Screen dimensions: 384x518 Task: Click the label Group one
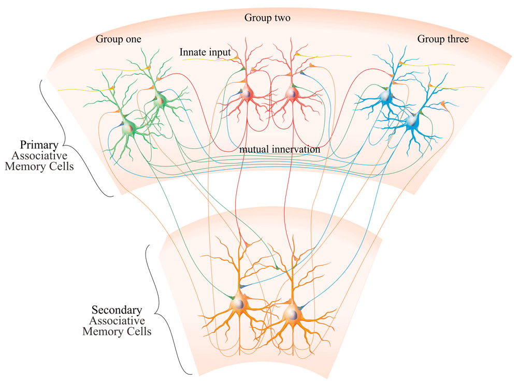tap(119, 39)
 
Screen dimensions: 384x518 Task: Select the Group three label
tap(443, 39)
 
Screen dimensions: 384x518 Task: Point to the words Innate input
tap(205, 52)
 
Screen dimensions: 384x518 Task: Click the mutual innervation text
tap(279, 149)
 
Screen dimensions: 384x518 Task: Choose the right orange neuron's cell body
tap(292, 314)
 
